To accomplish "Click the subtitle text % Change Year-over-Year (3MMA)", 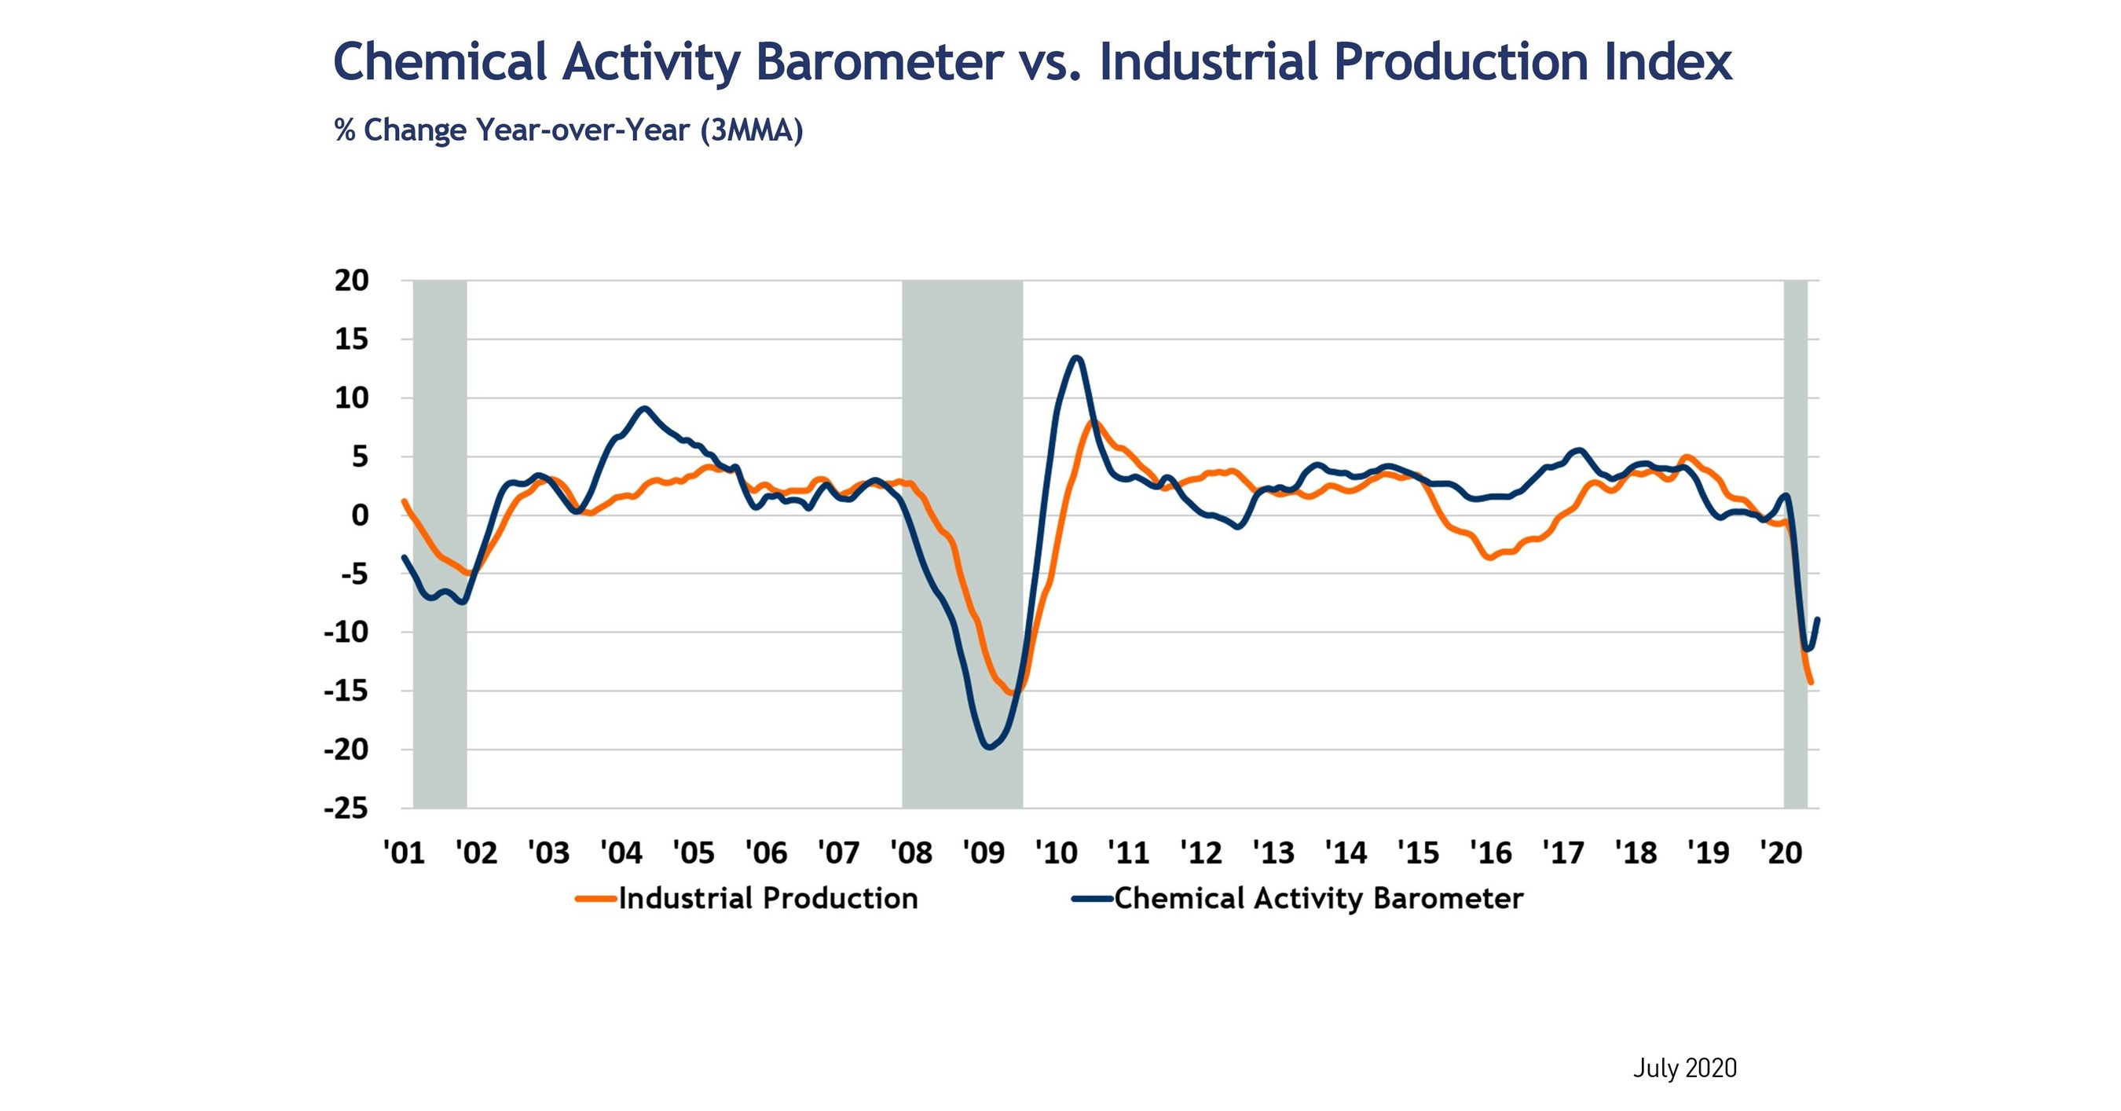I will point(568,131).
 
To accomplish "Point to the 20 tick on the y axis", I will point(352,280).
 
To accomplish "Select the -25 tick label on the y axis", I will point(346,808).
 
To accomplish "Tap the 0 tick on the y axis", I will point(360,515).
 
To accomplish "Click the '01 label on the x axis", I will point(405,852).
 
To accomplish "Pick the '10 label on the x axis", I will point(1056,852).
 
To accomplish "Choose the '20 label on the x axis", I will point(1781,852).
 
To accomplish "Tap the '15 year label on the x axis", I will point(1418,852).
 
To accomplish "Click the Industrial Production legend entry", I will point(767,899).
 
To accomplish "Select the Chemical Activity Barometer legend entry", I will point(1317,899).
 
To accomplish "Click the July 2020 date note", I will point(1684,1068).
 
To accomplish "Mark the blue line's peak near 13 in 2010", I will point(1077,358).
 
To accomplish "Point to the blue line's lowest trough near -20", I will point(990,747).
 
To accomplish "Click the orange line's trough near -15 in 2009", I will point(1012,694).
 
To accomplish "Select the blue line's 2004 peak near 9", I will point(644,409).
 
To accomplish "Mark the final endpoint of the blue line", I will point(1817,619).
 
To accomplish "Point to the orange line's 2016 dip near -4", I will point(1489,558).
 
